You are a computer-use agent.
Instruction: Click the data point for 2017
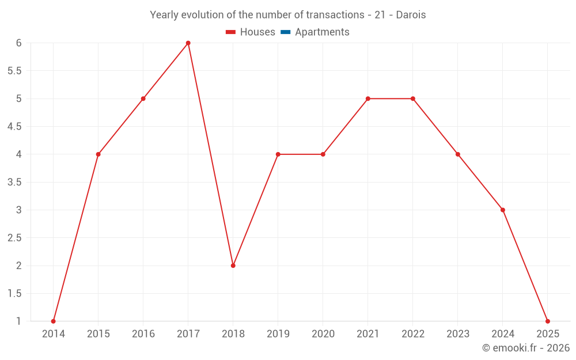[x=188, y=43]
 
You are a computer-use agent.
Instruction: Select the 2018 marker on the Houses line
[x=233, y=266]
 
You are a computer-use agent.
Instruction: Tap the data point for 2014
[x=54, y=321]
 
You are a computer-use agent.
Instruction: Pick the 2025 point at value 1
[x=548, y=321]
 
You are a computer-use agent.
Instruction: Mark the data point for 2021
[x=368, y=98]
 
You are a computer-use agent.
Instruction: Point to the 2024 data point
[x=503, y=210]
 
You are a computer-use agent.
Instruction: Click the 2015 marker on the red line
[x=98, y=154]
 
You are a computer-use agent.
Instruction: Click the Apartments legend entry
[x=322, y=32]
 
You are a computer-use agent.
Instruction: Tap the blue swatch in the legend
[x=285, y=32]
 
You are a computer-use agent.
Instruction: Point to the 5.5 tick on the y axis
[x=14, y=71]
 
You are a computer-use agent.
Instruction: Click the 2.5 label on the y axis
[x=14, y=238]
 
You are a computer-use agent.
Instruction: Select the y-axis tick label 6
[x=18, y=43]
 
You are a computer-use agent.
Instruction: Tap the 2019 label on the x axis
[x=278, y=334]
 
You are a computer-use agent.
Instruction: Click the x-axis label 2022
[x=413, y=334]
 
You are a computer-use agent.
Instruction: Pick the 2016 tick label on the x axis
[x=143, y=334]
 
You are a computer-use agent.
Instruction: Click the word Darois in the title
[x=411, y=15]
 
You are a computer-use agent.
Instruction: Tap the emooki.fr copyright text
[x=525, y=348]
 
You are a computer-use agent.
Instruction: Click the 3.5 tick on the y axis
[x=14, y=182]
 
